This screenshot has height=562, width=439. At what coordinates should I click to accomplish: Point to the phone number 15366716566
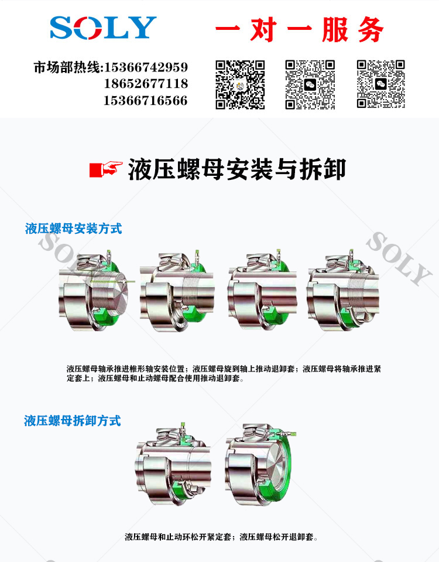pyautogui.click(x=146, y=100)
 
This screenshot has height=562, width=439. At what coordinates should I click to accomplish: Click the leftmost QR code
pyautogui.click(x=240, y=84)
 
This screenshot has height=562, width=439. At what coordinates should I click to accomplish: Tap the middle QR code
pyautogui.click(x=310, y=84)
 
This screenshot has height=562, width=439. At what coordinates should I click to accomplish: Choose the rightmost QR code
pyautogui.click(x=380, y=84)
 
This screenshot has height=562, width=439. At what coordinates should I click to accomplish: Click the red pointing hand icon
pyautogui.click(x=106, y=169)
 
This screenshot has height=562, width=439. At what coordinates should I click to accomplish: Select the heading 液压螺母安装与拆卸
pyautogui.click(x=237, y=169)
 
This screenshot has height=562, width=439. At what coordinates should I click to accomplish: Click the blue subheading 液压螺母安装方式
pyautogui.click(x=73, y=229)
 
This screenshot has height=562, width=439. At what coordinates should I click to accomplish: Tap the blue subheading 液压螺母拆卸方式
pyautogui.click(x=73, y=421)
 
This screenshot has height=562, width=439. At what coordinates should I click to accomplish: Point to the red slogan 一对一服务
pyautogui.click(x=299, y=29)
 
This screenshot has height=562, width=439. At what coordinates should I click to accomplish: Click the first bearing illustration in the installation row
pyautogui.click(x=95, y=290)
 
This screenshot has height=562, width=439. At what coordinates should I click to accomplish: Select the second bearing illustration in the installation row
pyautogui.click(x=177, y=291)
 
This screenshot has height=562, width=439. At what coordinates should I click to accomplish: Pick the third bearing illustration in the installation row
pyautogui.click(x=262, y=290)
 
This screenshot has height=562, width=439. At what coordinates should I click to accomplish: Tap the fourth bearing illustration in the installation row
pyautogui.click(x=342, y=290)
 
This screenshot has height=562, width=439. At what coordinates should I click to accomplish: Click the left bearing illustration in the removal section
pyautogui.click(x=173, y=464)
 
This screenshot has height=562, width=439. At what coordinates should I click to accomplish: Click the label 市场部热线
pyautogui.click(x=68, y=67)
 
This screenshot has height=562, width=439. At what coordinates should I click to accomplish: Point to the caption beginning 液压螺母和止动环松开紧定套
pyautogui.click(x=221, y=537)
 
